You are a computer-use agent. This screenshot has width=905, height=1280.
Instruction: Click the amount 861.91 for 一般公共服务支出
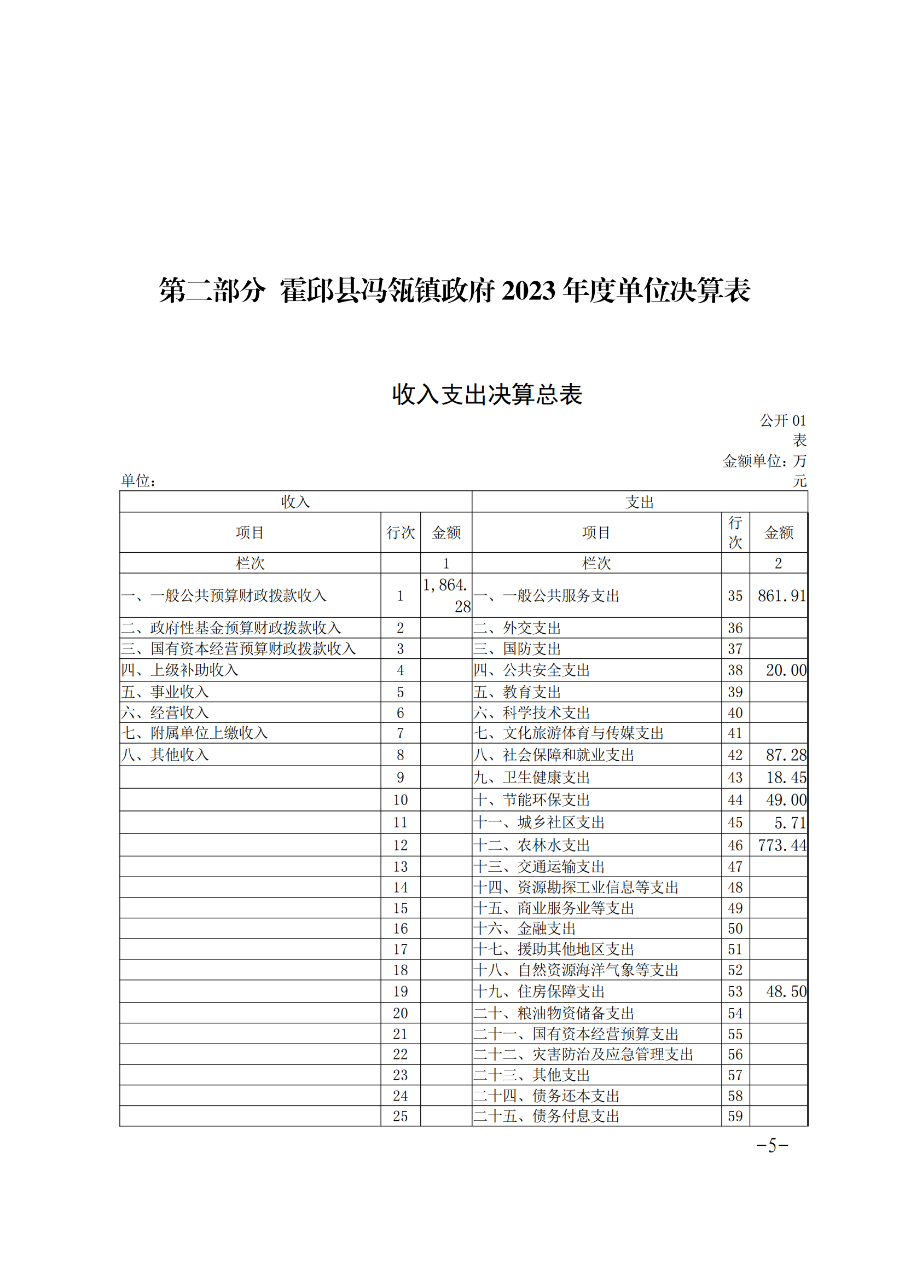click(x=781, y=596)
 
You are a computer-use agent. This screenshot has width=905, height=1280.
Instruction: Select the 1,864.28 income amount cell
click(x=446, y=595)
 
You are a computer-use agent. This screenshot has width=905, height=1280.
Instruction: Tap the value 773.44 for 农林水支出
click(x=782, y=845)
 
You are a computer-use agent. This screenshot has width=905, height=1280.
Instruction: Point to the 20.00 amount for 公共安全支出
click(x=786, y=670)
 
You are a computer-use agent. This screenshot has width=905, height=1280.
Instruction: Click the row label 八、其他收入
click(x=165, y=755)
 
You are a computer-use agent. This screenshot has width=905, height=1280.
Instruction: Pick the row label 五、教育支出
click(x=517, y=692)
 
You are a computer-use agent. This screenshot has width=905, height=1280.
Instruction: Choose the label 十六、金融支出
click(x=524, y=928)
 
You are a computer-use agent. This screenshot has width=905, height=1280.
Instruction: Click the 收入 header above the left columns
click(x=295, y=502)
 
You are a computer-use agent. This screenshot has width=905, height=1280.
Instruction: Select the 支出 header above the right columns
click(x=639, y=502)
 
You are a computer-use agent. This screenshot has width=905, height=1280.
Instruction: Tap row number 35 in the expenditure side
click(x=735, y=596)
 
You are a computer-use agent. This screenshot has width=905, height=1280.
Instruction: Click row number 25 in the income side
click(x=400, y=1116)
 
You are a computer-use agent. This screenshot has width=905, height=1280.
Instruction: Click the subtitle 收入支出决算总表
click(x=487, y=395)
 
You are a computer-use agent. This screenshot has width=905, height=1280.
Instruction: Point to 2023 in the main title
click(x=529, y=291)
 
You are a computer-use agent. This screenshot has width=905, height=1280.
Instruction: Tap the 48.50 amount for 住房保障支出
click(x=786, y=991)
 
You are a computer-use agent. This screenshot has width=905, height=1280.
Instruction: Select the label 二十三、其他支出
click(x=532, y=1075)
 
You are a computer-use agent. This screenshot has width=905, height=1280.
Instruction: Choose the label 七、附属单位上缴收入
click(x=194, y=733)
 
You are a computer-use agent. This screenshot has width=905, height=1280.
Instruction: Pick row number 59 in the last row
click(x=735, y=1116)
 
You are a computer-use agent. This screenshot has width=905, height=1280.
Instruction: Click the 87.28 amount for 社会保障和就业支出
click(x=786, y=755)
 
